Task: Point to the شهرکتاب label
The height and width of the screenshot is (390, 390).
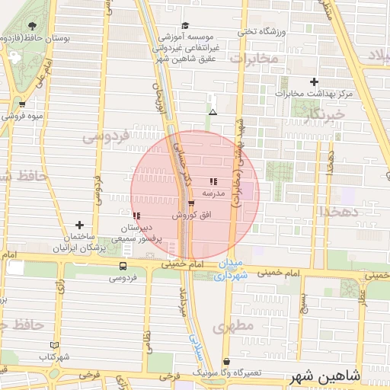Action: click(x=53, y=356)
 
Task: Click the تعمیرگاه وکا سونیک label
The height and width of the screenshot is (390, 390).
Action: click(x=227, y=373)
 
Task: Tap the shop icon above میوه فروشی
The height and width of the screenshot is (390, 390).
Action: click(x=21, y=105)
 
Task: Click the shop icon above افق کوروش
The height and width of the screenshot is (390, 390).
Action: click(x=190, y=204)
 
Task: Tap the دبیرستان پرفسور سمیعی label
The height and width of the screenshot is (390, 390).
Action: click(x=139, y=233)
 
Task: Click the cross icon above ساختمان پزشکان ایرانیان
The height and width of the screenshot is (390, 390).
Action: click(x=80, y=225)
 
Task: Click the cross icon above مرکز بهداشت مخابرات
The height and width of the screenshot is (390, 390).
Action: click(x=314, y=82)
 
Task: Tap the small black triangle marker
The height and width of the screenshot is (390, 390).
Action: click(x=213, y=113)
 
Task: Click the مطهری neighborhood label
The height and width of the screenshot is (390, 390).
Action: click(x=232, y=328)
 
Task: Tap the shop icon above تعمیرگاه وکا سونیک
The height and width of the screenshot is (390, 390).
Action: click(x=226, y=362)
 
